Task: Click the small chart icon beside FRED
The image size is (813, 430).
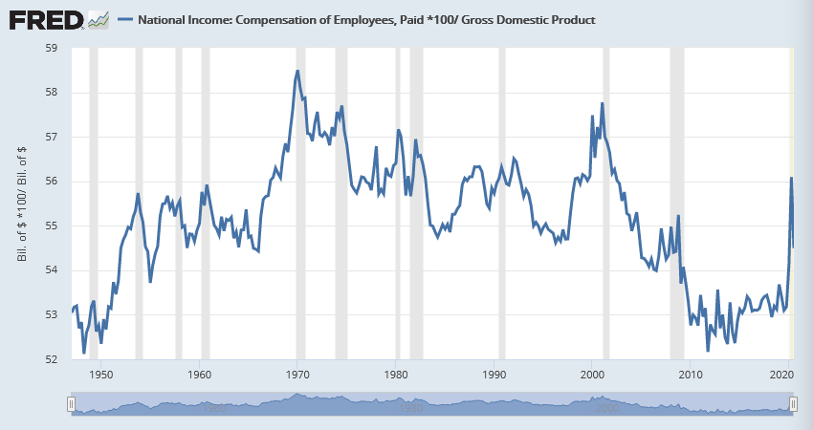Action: pos(98,19)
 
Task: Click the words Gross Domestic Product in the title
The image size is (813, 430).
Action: pos(532,20)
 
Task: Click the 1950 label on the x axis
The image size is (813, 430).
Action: pos(101,376)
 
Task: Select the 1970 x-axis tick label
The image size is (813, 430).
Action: pos(298,376)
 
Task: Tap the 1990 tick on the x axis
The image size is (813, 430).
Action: pos(494,376)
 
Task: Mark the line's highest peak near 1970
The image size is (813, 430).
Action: pos(297,71)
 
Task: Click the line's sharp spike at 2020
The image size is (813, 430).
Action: pos(791,179)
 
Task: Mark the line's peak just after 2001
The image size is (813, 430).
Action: pos(603,103)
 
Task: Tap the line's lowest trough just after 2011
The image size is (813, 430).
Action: pos(708,351)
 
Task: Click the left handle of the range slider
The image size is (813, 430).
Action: pos(71,405)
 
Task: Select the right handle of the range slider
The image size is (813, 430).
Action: pos(793,405)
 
